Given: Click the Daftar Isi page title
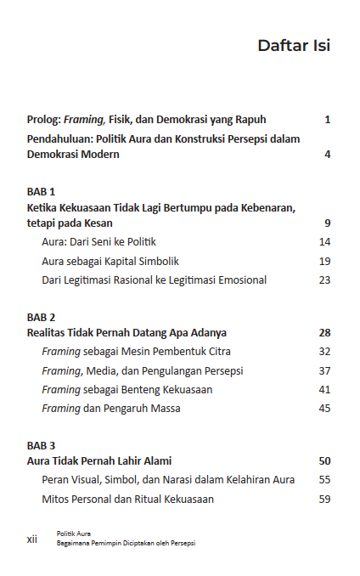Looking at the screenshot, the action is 293,46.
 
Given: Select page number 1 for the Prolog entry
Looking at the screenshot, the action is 327,120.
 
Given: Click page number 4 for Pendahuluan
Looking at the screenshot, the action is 327,155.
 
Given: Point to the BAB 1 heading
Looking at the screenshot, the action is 41,191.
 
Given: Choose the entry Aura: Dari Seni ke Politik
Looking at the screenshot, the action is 98,242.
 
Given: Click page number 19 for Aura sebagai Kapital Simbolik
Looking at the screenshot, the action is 324,261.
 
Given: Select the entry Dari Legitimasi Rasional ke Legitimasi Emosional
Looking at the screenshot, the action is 154,280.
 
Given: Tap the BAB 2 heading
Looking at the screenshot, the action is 41,317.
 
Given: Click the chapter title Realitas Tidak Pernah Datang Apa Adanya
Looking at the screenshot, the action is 127,333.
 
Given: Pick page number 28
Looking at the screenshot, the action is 324,333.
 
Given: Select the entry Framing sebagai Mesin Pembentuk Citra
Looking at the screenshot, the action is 136,352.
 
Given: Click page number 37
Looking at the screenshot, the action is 324,370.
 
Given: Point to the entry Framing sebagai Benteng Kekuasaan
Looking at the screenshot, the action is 127,389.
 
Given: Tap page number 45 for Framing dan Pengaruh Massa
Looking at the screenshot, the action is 324,408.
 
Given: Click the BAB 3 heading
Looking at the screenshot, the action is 41,445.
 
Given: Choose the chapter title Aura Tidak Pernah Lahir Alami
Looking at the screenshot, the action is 99,461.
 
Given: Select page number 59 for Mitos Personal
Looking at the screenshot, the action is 324,499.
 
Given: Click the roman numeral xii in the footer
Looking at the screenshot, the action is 32,538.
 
